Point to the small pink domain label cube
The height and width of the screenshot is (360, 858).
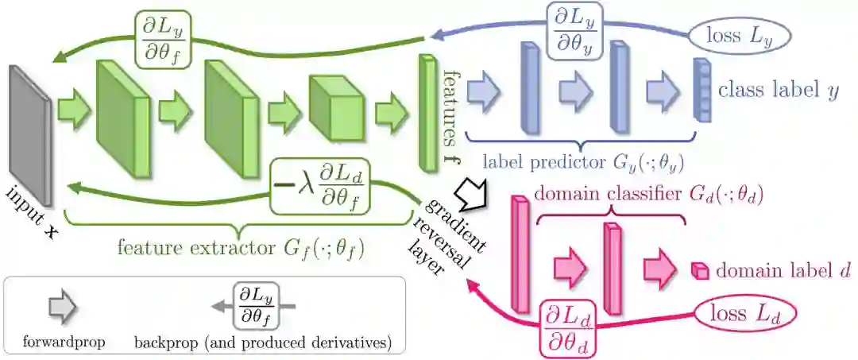(x=698, y=271)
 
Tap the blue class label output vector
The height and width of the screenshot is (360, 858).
(x=700, y=89)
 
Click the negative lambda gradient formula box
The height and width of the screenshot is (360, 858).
(x=323, y=186)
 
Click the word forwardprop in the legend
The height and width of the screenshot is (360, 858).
(x=59, y=343)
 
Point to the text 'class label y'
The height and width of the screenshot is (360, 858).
(x=778, y=90)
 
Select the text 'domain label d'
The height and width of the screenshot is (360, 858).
(x=783, y=271)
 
